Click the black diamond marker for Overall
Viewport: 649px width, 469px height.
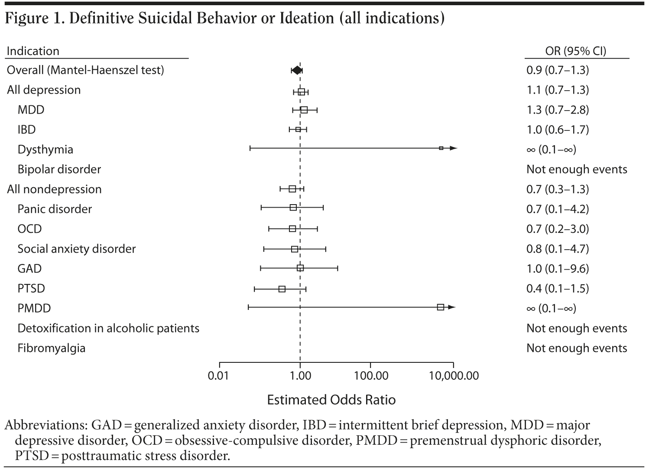[297, 70]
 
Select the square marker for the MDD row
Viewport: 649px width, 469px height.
[304, 110]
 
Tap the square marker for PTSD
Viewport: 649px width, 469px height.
[282, 289]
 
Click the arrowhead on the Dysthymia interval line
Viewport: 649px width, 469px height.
[453, 148]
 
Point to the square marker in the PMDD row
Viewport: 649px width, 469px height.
[441, 307]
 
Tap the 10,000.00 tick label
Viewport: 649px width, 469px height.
[453, 375]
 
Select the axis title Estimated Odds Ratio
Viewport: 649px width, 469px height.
[331, 399]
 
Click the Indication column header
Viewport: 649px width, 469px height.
[33, 51]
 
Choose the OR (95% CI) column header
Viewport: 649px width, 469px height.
[575, 51]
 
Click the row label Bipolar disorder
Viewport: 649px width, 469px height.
[59, 169]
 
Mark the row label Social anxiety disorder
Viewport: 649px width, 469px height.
[76, 249]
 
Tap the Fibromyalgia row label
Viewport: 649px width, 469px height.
[51, 348]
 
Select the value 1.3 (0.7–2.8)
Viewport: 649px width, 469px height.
[558, 110]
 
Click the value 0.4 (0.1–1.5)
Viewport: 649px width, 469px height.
[558, 288]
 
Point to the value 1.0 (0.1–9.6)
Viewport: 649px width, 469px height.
[558, 269]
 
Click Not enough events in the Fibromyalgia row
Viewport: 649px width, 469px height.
[577, 348]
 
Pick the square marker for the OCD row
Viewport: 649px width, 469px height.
[292, 229]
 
